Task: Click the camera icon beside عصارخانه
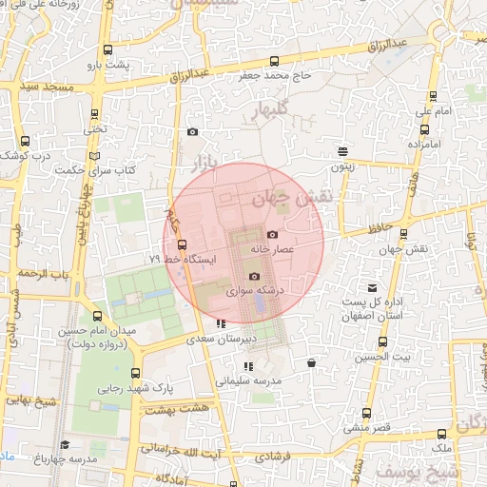point(273,234)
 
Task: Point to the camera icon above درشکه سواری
point(253,276)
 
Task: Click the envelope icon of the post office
point(372,287)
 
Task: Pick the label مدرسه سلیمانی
point(247,380)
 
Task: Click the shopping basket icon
point(312,362)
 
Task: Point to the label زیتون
point(342,166)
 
